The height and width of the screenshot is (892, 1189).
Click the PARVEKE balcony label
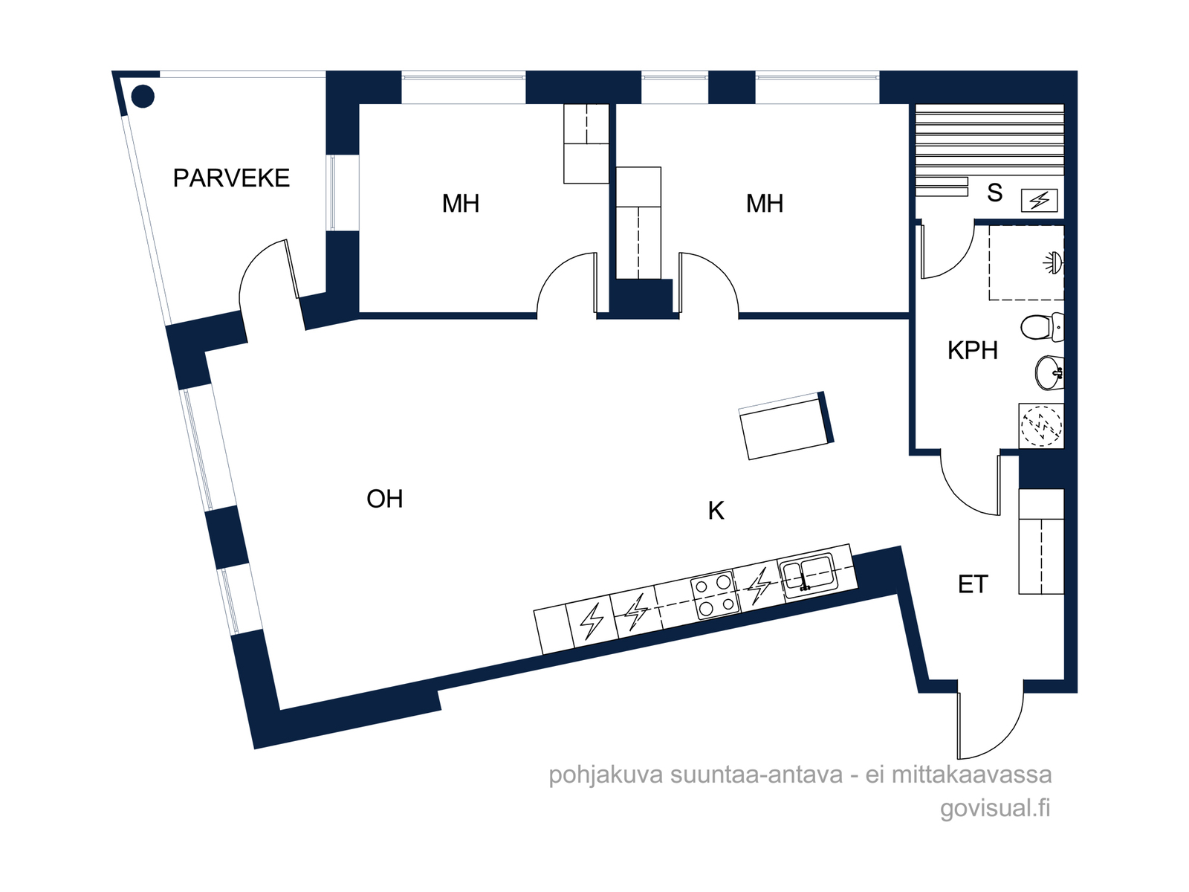coord(231,178)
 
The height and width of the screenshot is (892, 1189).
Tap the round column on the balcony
coord(143,97)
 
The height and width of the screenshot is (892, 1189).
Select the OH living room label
coord(385,499)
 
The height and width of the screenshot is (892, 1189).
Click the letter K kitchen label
coord(716,510)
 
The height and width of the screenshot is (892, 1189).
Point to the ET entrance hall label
coord(973,584)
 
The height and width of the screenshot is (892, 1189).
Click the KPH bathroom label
coord(972,350)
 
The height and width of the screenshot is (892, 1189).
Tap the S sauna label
coord(994,193)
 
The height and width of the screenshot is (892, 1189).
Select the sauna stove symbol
coord(1039,201)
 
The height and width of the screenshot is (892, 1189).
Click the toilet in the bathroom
coord(1042,327)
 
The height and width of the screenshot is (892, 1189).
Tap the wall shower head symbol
coord(1054,263)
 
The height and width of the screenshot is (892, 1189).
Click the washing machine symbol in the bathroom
coord(1041,426)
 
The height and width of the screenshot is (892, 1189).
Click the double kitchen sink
coord(809,575)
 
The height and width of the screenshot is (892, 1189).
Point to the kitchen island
coord(786,426)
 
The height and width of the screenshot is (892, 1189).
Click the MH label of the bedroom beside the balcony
coord(461,204)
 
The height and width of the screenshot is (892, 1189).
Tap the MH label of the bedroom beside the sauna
coord(765,204)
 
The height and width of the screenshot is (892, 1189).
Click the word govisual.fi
coord(995,808)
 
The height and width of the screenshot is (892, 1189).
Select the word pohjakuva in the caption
coord(606,775)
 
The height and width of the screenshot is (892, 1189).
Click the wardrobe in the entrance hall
coord(1041,542)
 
